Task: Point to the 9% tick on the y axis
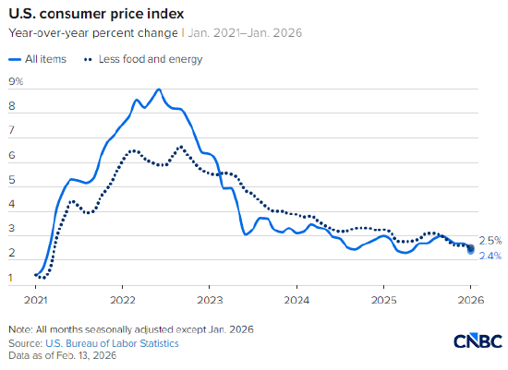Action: click(x=15, y=82)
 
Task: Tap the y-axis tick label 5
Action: click(x=11, y=180)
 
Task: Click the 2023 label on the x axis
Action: click(x=210, y=300)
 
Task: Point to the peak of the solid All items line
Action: click(x=159, y=90)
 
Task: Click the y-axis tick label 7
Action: click(x=11, y=131)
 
